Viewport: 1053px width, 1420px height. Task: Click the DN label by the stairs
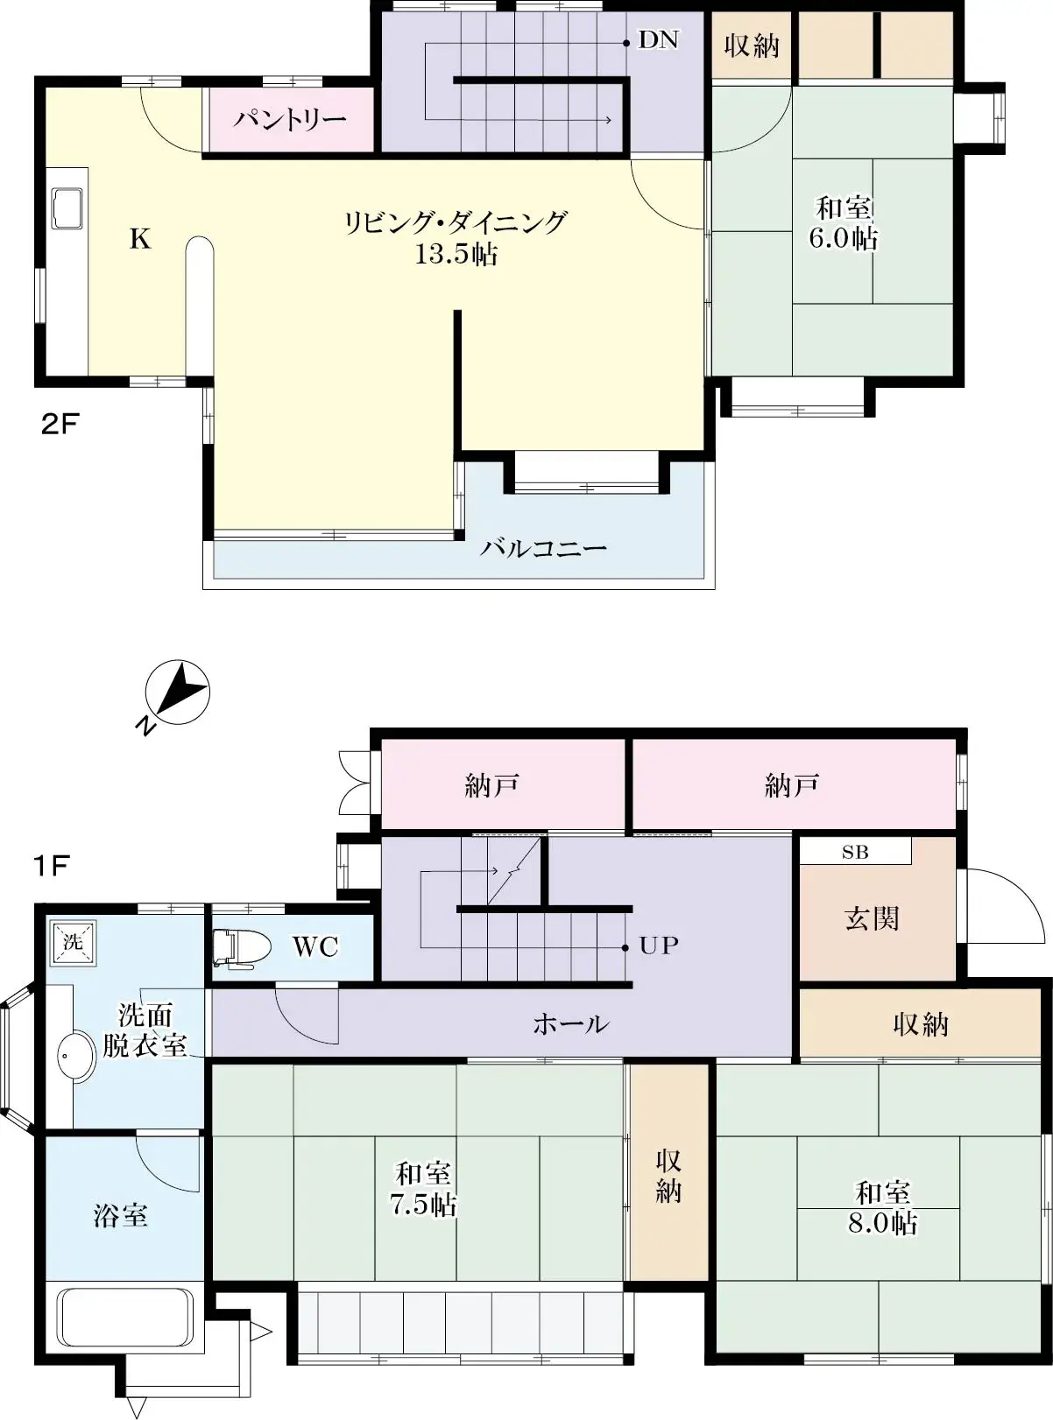[x=658, y=39]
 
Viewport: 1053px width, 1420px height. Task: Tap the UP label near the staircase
[x=659, y=945]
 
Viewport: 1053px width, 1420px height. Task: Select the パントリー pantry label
[x=290, y=119]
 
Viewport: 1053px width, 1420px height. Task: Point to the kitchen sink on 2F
[x=67, y=208]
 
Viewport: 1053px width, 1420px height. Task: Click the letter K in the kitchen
[x=140, y=238]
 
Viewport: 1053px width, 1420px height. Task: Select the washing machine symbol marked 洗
[x=73, y=942]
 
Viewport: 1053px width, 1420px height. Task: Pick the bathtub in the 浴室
[x=124, y=1318]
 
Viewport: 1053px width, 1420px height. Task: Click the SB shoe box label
[x=855, y=852]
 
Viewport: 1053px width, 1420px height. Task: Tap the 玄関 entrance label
[x=872, y=918]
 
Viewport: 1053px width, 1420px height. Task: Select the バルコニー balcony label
[x=543, y=549]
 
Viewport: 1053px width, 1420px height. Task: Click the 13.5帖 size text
[x=456, y=255]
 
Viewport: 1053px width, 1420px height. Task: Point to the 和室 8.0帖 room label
[x=882, y=1206]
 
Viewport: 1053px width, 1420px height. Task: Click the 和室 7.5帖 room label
[x=423, y=1189]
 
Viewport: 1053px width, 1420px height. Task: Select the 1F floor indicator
[x=51, y=866]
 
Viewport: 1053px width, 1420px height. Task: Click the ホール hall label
[x=570, y=1023]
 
